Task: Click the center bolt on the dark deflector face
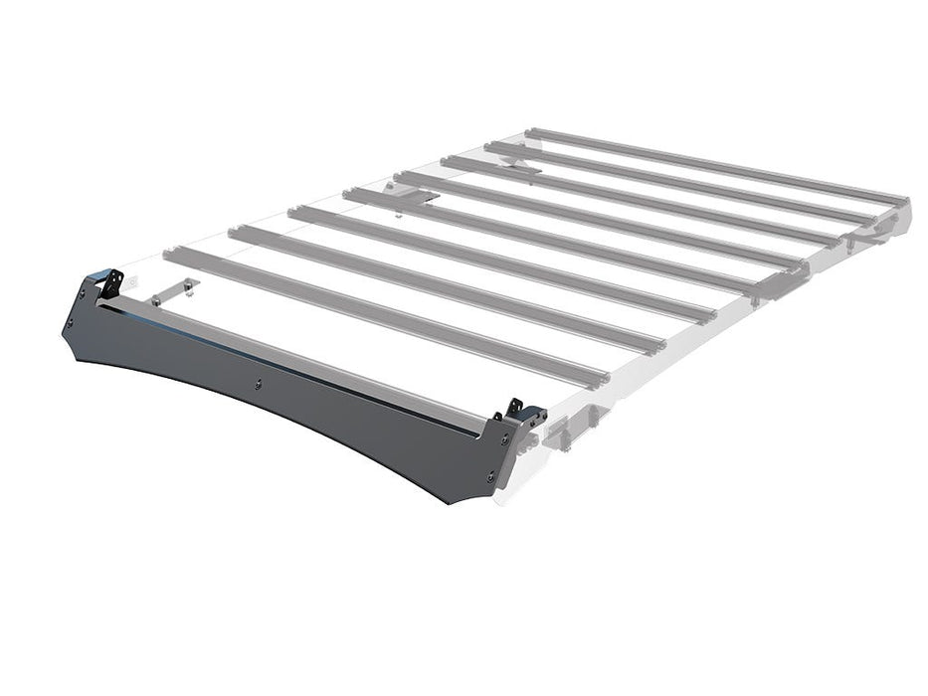click(258, 382)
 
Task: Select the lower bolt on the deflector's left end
click(71, 323)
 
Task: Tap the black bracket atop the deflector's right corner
click(515, 408)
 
